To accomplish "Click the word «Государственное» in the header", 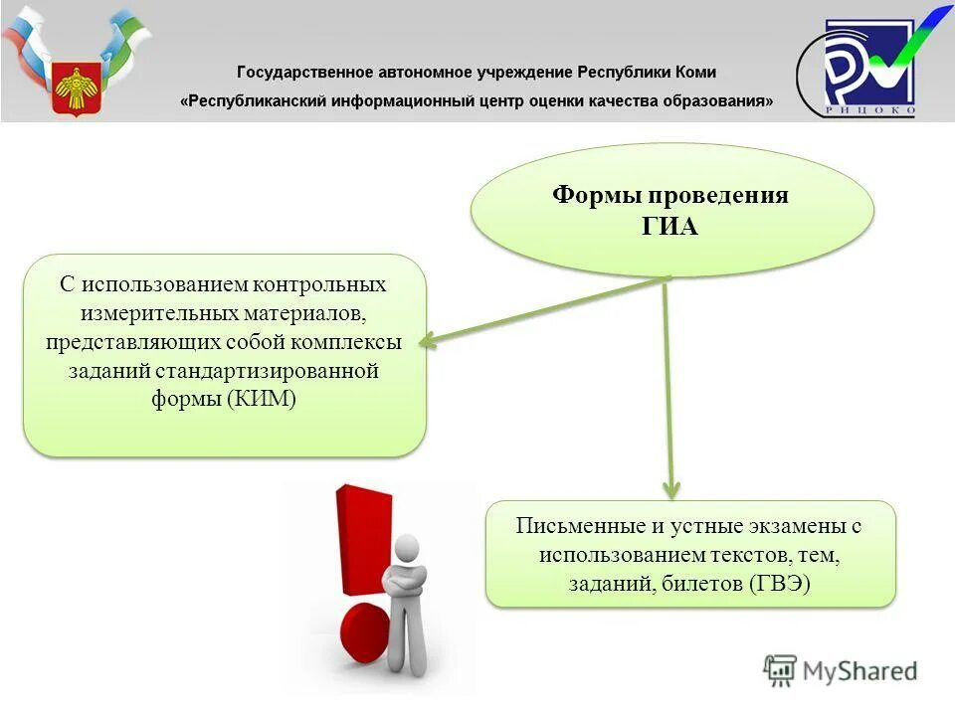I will [303, 73].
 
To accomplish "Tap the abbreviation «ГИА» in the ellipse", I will [670, 227].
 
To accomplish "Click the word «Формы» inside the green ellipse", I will [594, 195].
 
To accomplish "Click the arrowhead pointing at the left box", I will [426, 341].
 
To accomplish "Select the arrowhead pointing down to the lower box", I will [671, 489].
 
